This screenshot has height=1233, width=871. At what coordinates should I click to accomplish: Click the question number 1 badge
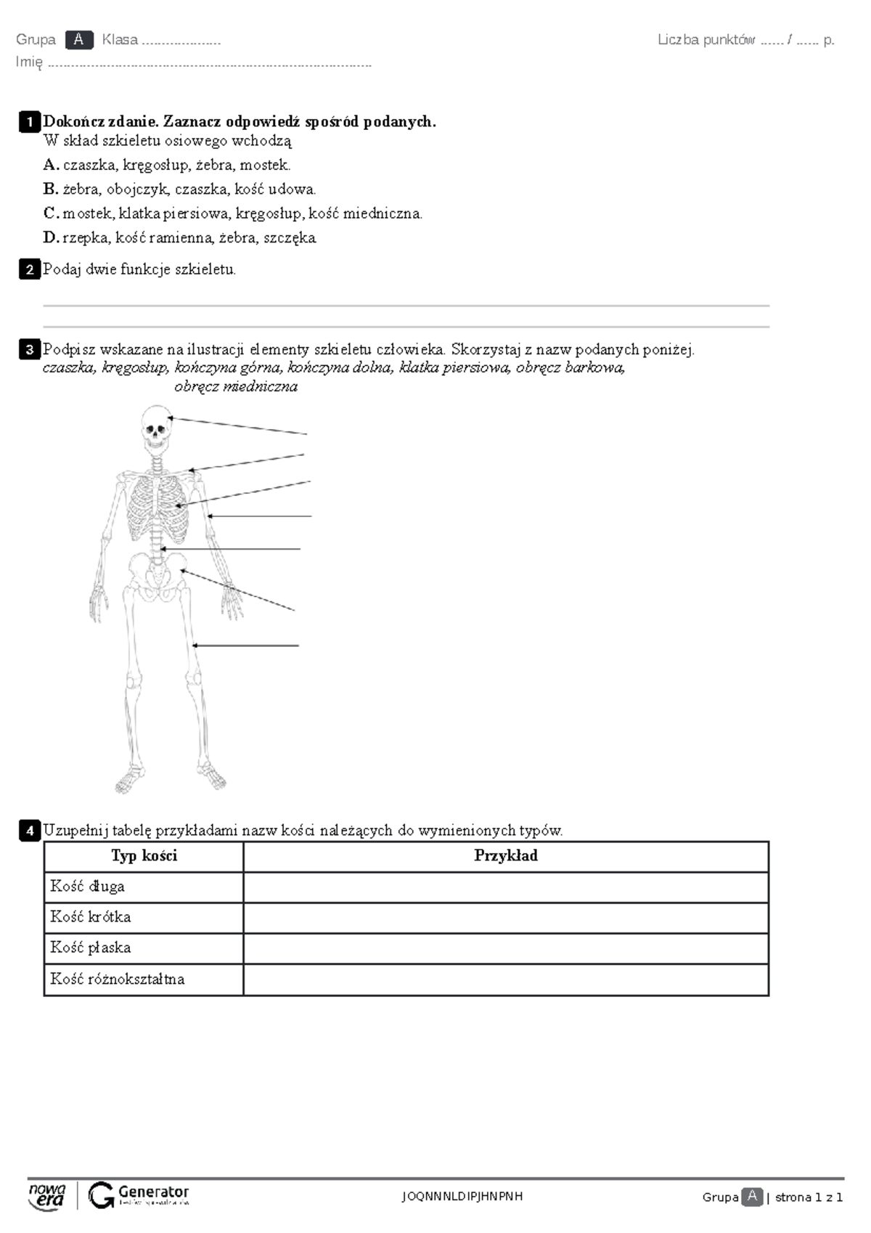point(29,122)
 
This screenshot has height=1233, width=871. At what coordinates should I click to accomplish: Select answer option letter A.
point(50,165)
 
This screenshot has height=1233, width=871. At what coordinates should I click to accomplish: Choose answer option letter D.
point(50,237)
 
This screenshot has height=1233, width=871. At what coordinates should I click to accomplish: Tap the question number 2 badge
point(29,269)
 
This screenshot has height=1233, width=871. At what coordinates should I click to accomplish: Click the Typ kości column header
point(144,856)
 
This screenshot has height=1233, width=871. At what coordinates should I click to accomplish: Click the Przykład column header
point(505,856)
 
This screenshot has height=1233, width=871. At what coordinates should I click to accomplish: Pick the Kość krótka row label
point(91,917)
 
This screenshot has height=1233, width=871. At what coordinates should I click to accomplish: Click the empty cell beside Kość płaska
point(505,948)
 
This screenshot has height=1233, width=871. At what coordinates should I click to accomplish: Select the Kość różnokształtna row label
point(118,979)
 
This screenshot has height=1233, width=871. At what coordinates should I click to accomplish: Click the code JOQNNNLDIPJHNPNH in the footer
point(462,1196)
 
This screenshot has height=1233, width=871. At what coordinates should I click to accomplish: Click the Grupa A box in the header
point(78,40)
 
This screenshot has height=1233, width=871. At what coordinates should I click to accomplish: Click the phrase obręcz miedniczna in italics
point(236,387)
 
